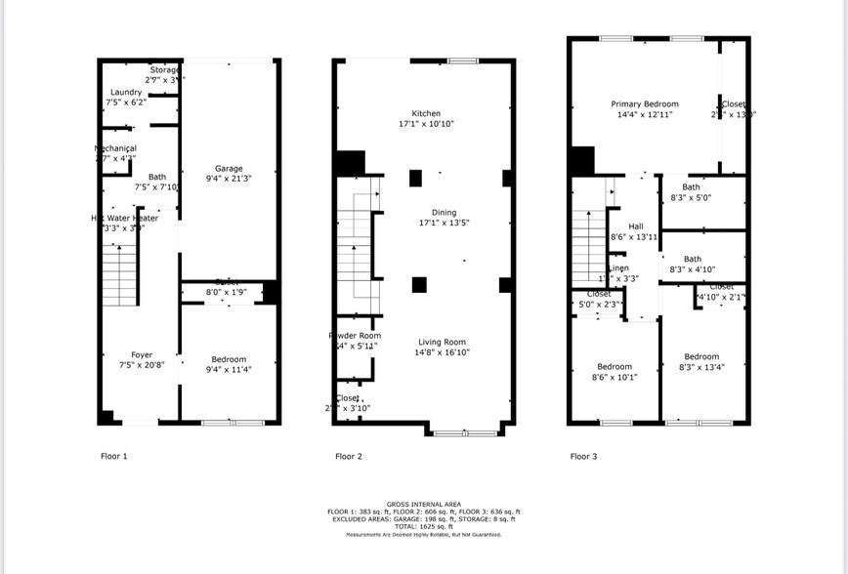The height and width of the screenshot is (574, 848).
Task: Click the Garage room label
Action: tap(229, 169)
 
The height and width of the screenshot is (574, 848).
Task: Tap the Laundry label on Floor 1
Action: tap(126, 92)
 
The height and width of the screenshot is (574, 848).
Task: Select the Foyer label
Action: tap(142, 354)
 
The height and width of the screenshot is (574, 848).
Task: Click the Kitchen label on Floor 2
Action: tap(426, 113)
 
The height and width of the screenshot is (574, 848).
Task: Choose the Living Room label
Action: tap(442, 342)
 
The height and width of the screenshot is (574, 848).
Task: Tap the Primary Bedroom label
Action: tap(645, 103)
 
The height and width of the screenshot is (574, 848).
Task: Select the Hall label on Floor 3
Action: tap(635, 225)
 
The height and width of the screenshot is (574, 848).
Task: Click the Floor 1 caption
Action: tap(114, 456)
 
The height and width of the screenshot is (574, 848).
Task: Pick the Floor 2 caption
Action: tap(349, 456)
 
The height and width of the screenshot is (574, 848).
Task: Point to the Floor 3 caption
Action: tap(583, 456)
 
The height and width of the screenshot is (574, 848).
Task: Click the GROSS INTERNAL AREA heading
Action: tap(424, 504)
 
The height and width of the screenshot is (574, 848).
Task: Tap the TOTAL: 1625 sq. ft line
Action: tap(424, 526)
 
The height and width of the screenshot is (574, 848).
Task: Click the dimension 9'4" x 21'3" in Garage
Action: tap(229, 179)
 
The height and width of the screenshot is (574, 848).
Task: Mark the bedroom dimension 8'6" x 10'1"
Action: tap(615, 377)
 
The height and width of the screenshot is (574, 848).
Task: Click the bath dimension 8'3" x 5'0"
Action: tap(691, 197)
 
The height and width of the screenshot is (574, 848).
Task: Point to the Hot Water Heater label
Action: tap(124, 218)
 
